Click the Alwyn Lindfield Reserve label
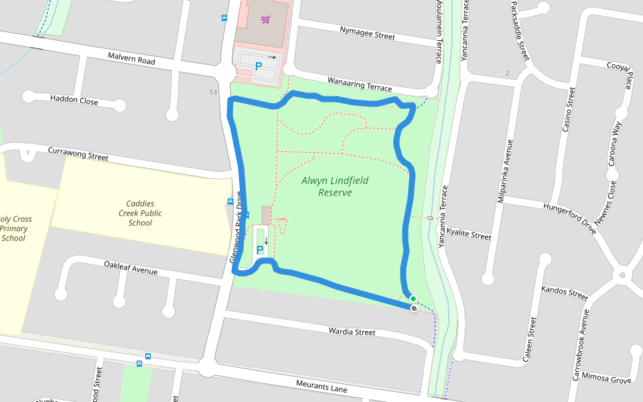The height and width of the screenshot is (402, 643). click(335, 186)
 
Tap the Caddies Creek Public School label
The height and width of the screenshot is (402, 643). click(140, 213)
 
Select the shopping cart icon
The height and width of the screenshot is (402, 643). click(266, 19)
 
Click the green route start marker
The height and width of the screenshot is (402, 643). click(413, 299)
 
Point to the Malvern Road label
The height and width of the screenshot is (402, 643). click(131, 60)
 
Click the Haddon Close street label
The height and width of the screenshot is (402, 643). click(74, 100)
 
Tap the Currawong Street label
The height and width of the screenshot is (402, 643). click(78, 154)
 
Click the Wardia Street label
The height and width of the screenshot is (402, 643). click(352, 332)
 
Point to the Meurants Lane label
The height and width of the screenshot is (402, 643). click(321, 385)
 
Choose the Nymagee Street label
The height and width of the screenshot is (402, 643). click(367, 33)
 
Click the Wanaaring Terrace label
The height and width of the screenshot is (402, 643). click(359, 84)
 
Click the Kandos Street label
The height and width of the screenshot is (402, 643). click(564, 293)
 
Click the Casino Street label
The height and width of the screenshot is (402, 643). click(568, 109)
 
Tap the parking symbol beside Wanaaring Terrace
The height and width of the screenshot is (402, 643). click(258, 67)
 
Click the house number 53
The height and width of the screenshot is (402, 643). click(213, 92)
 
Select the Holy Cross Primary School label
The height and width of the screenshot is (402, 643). click(15, 228)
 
